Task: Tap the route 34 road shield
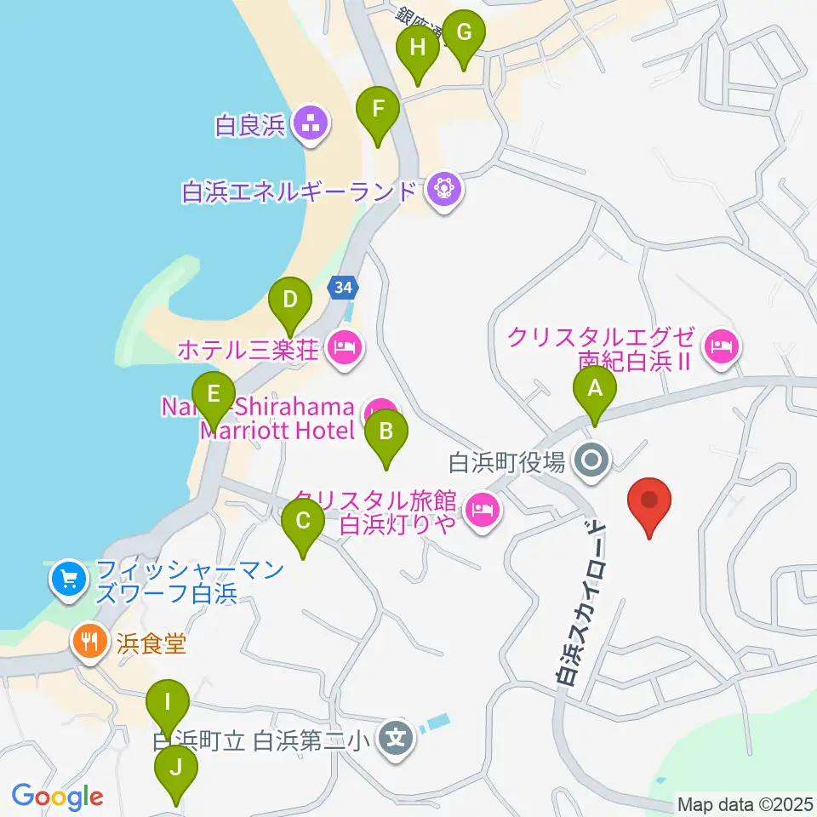coord(342,289)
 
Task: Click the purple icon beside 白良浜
coord(310,125)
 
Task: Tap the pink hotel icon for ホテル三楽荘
coord(344,347)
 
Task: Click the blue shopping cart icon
coord(68,580)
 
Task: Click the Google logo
coord(57,797)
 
